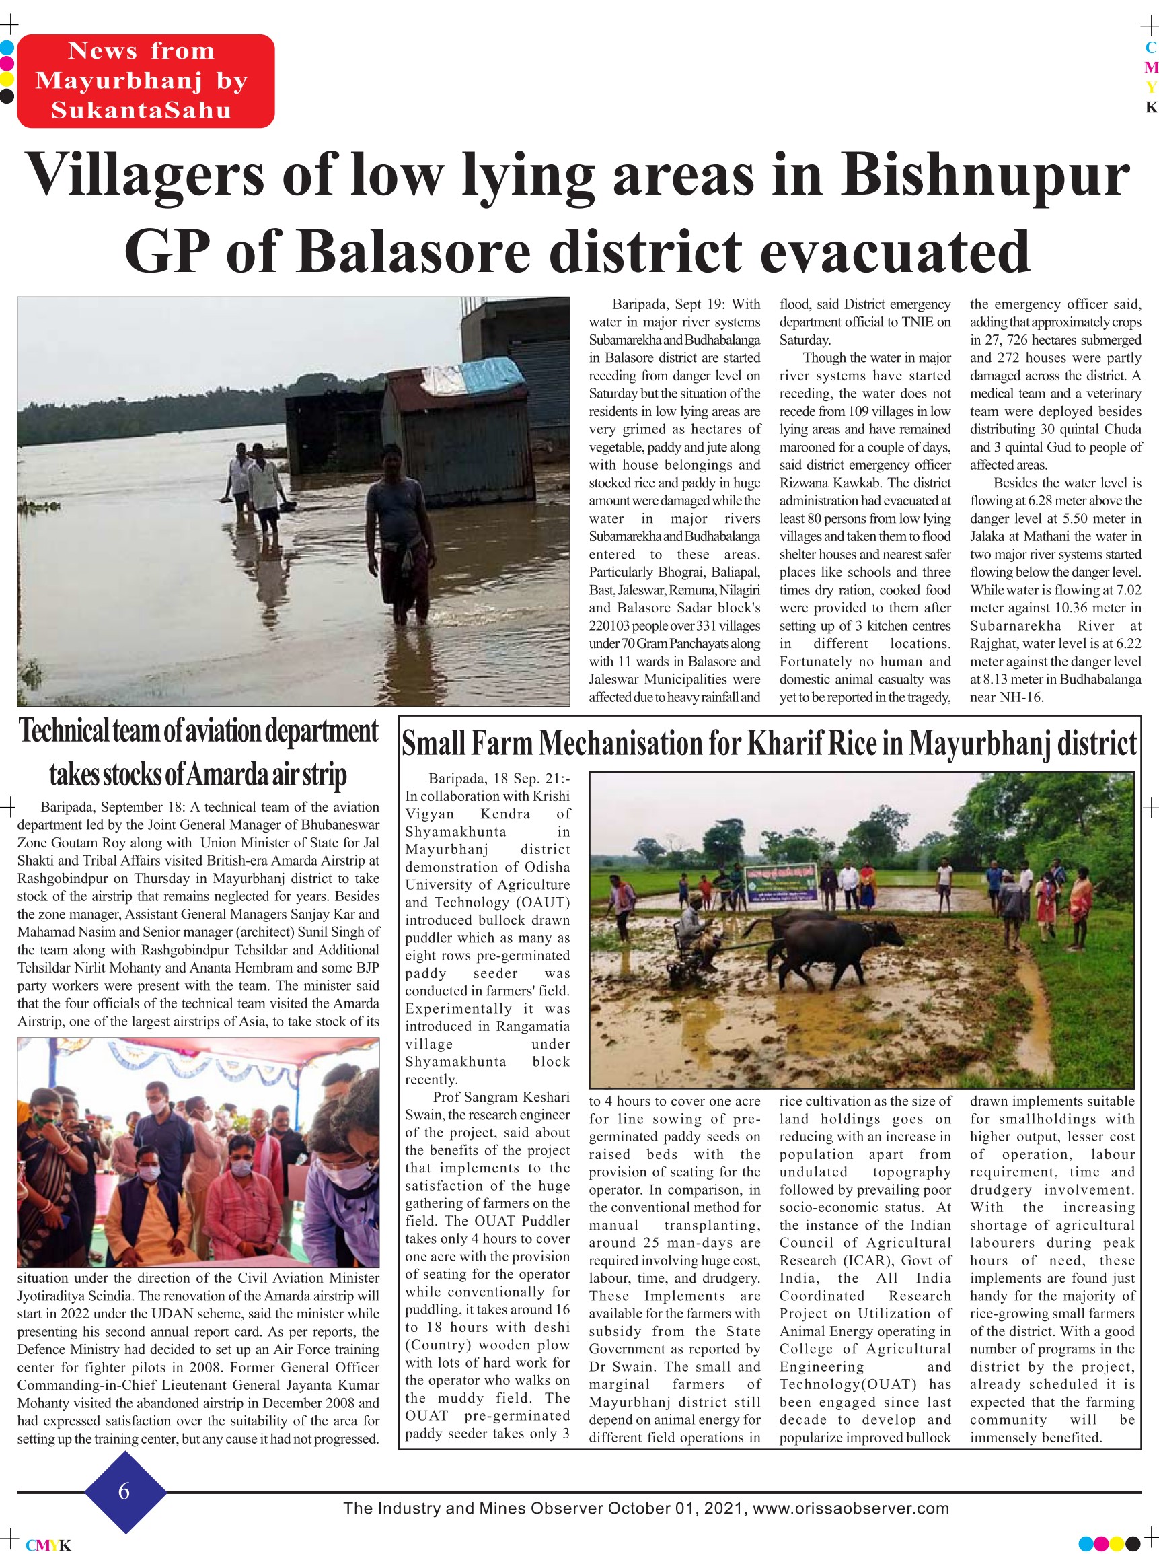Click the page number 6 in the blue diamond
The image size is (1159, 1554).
pos(124,1491)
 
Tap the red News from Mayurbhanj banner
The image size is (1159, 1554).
pos(145,81)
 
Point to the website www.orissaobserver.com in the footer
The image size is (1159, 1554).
pos(850,1508)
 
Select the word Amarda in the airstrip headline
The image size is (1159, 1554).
pos(227,774)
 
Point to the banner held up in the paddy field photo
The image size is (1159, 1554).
pos(780,882)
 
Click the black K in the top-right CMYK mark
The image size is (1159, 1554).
pos(1150,108)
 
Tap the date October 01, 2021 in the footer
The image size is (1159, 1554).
pos(676,1508)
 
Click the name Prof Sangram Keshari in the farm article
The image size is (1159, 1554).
pos(501,1097)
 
